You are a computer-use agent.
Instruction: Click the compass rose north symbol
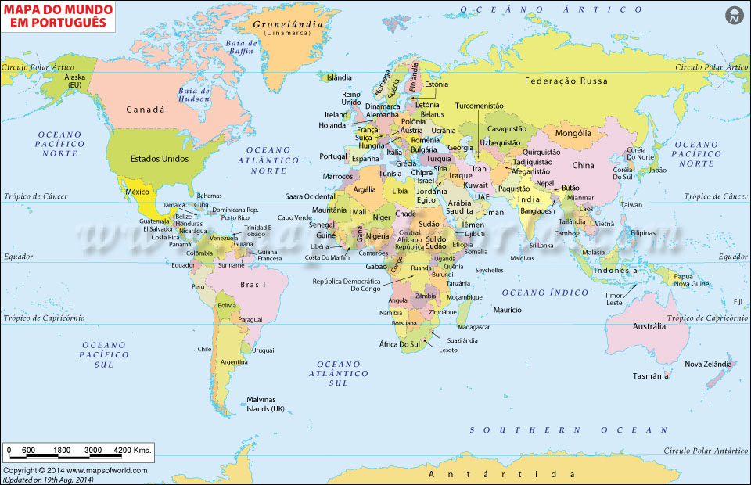[x=734, y=15]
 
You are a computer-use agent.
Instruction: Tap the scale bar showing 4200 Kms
[x=78, y=451]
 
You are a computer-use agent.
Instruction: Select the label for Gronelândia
[x=288, y=25]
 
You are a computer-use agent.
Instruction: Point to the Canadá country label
[x=146, y=110]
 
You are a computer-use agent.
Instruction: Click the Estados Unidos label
[x=159, y=158]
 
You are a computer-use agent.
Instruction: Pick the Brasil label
[x=253, y=285]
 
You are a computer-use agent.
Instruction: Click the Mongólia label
[x=573, y=133]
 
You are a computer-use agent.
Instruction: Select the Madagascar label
[x=473, y=326]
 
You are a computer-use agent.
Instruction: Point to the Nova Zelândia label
[x=709, y=364]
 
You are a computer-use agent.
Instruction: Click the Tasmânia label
[x=651, y=375]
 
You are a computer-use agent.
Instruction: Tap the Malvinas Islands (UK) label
[x=266, y=404]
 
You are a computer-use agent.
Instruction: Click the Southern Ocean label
[x=569, y=430]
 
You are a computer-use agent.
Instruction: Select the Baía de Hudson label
[x=195, y=95]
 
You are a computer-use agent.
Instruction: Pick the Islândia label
[x=340, y=77]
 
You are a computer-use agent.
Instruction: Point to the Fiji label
[x=738, y=301]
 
